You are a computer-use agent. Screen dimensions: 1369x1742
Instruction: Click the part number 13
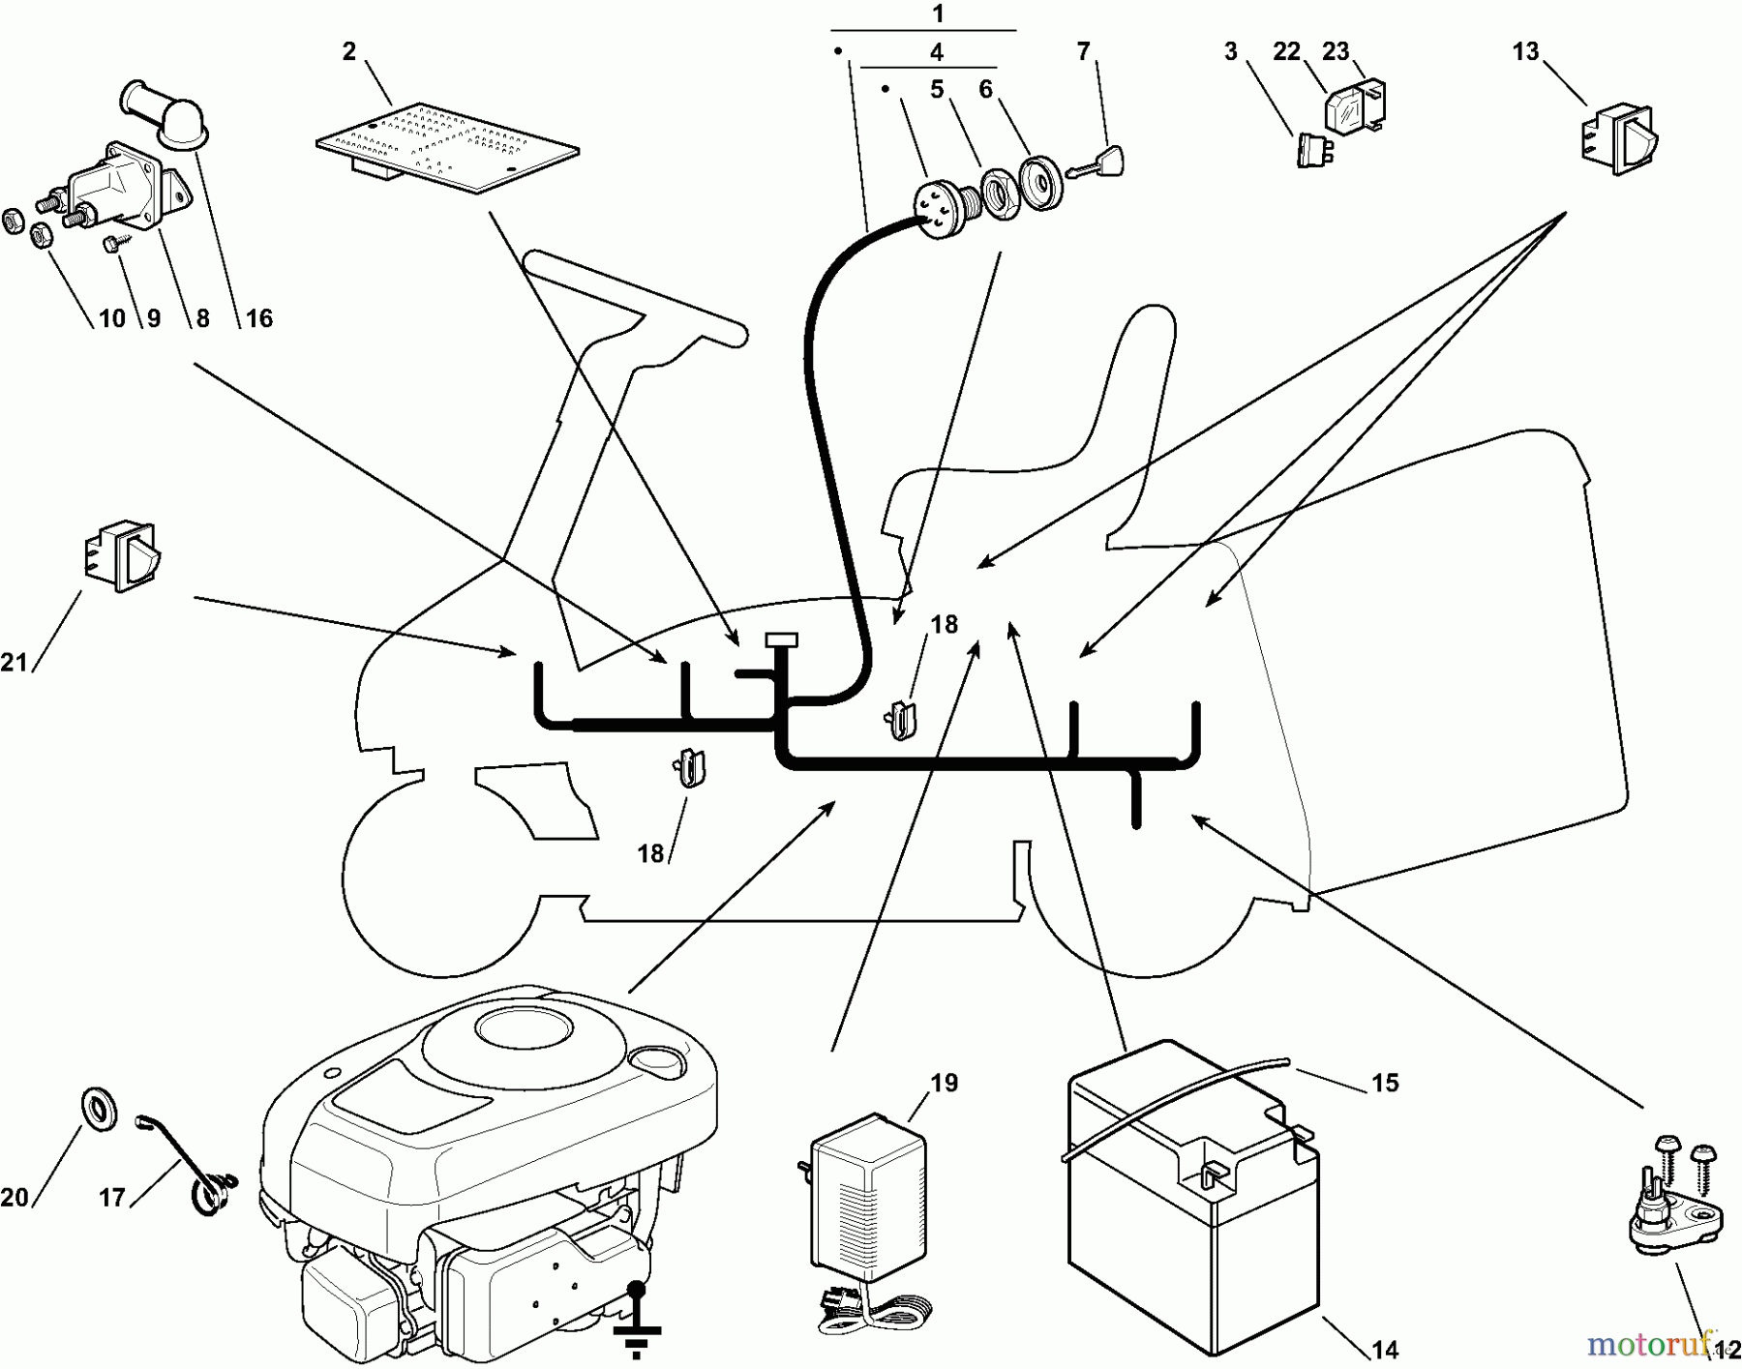coord(1525,51)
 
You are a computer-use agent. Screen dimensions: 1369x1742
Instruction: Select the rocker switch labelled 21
coord(123,556)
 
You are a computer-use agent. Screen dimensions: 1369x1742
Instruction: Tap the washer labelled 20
coord(98,1109)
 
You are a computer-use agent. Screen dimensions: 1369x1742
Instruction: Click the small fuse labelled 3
coord(1314,149)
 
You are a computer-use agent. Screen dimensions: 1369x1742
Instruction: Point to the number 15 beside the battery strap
coord(1385,1083)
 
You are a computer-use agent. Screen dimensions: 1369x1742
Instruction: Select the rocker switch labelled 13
coord(1619,141)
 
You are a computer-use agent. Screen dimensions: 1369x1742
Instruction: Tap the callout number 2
coord(349,51)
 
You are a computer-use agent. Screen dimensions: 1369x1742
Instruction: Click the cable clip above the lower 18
coord(689,768)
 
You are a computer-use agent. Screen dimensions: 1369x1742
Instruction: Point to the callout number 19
coord(945,1083)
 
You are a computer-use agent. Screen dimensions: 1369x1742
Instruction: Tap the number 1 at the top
coord(937,14)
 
